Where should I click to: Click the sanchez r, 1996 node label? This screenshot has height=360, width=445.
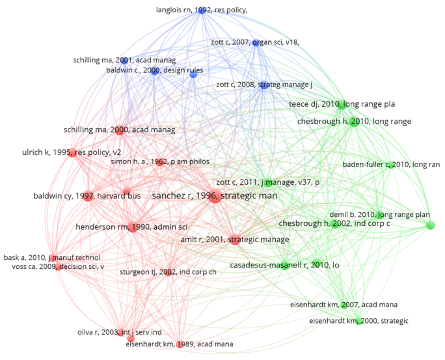point(215,195)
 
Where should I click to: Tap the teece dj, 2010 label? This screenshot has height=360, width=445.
point(342,104)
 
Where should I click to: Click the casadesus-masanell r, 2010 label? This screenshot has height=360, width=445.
point(285,265)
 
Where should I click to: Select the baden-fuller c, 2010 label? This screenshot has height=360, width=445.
point(391,165)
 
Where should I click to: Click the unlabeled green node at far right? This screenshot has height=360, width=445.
point(429,225)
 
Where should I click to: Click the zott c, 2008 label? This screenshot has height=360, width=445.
point(264,85)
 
